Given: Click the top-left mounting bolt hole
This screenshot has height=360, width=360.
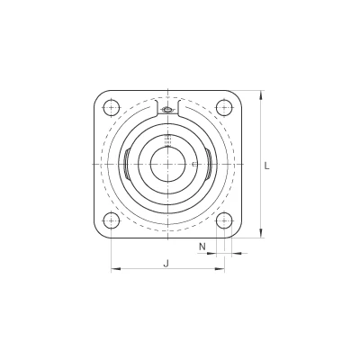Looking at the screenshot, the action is pos(112,108).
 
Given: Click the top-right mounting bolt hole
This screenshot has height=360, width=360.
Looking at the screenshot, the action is pos(224,108).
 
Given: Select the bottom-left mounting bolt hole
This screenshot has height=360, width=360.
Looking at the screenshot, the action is pos(112,220).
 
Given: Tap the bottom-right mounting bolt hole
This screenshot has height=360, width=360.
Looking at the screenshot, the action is pos(224,220).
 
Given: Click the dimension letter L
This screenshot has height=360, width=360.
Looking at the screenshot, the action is pos(266,166).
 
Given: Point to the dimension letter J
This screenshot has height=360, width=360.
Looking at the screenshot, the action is pos(166,263).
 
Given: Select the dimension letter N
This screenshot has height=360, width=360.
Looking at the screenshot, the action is pos(202,247).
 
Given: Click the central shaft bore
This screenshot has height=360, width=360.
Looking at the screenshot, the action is pos(167,164).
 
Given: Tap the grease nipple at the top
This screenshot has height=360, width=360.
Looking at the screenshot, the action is pos(167,109).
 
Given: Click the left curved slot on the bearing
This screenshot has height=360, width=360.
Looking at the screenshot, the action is pos(126,164).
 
